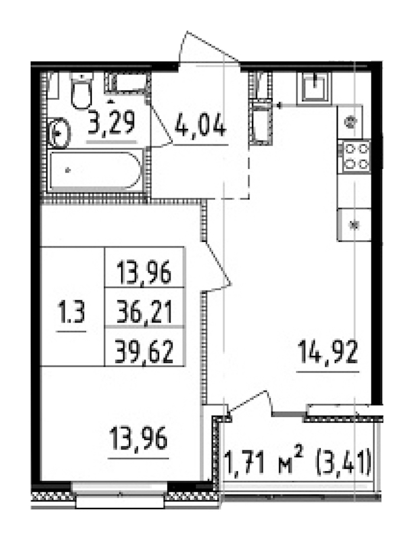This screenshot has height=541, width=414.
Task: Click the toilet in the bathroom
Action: tap(81, 92)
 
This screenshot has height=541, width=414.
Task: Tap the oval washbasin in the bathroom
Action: tap(59, 134)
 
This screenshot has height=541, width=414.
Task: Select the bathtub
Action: tap(95, 171)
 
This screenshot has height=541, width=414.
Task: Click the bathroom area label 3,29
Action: tap(112, 124)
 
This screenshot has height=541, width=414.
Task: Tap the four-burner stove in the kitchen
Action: tap(354, 156)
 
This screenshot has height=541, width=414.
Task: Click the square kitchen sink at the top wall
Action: tap(315, 86)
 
